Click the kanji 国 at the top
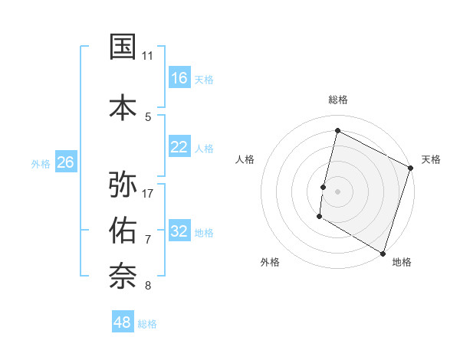[x=123, y=47]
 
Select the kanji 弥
[x=123, y=185]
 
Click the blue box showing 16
[x=179, y=78]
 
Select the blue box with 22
[x=179, y=147]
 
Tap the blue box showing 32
[x=179, y=231]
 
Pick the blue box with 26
[x=65, y=162]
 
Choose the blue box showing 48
[x=123, y=322]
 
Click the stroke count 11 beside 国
[x=147, y=56]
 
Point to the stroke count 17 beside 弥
[x=148, y=193]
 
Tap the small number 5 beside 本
[x=148, y=117]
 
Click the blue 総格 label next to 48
[x=147, y=324]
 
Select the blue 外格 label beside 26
[x=41, y=163]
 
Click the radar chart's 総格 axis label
[x=337, y=100]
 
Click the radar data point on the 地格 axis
[x=383, y=253]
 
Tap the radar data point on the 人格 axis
[x=324, y=187]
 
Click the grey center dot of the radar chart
[x=337, y=191]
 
